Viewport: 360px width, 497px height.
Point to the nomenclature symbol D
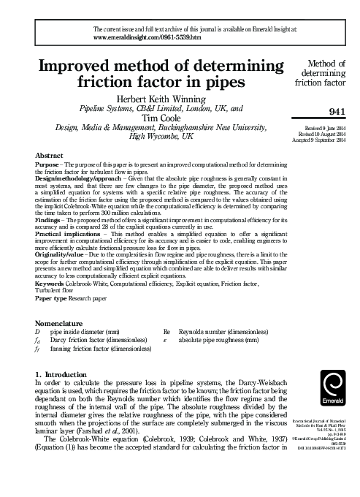(x=39, y=331)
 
